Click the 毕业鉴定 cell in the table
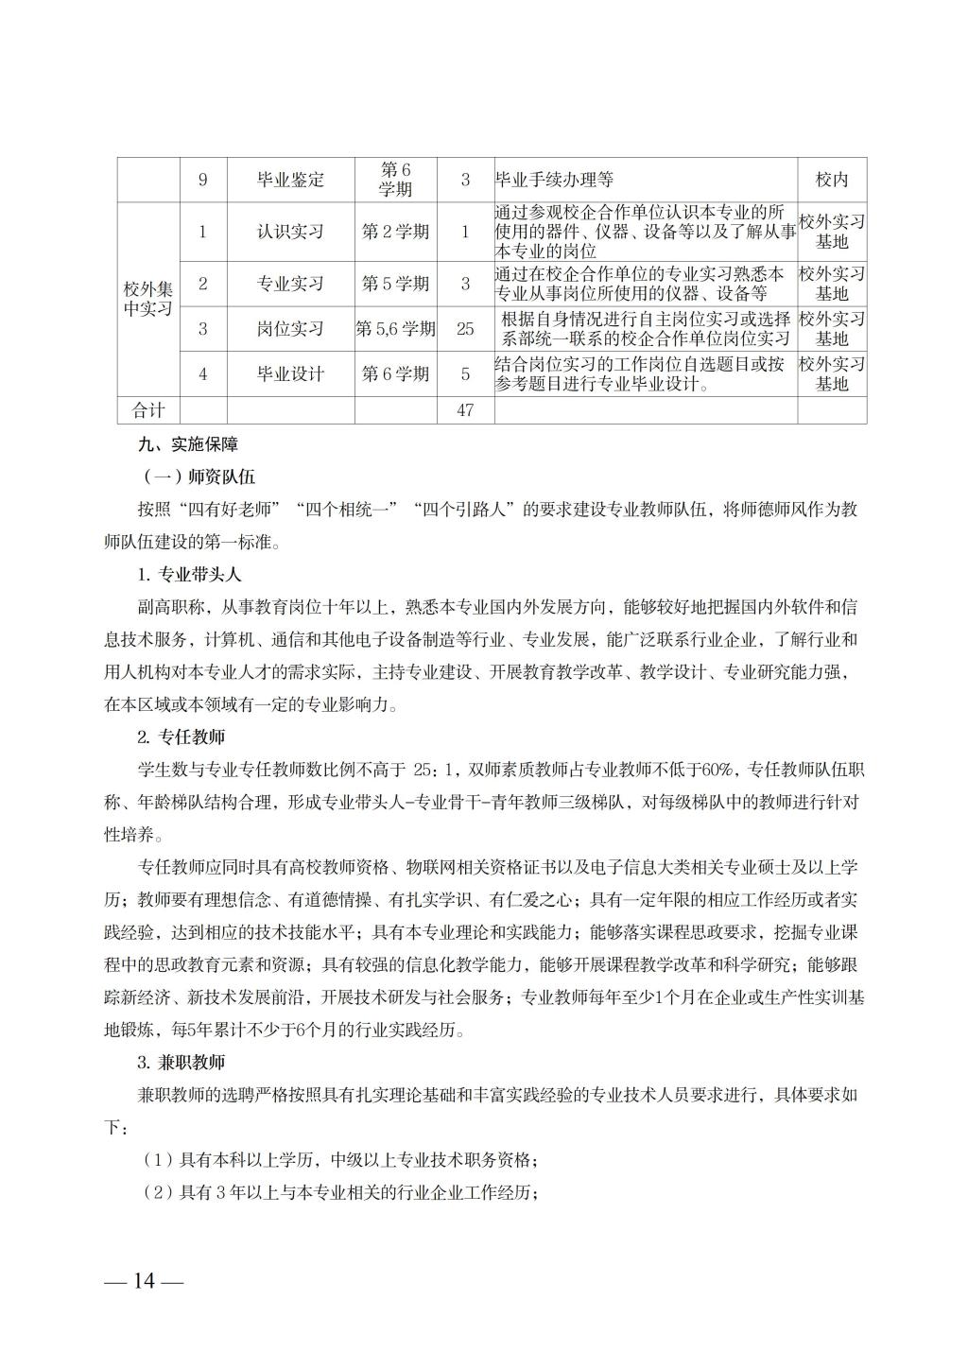(290, 180)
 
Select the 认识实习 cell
(290, 232)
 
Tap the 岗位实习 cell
(290, 329)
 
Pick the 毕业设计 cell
(290, 374)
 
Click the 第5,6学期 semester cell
(395, 329)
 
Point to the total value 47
(464, 410)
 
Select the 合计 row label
(147, 410)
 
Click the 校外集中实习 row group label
(147, 298)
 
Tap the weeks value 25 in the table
(464, 329)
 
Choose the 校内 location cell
(832, 180)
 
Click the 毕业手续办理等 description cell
(555, 180)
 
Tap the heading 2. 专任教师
(181, 736)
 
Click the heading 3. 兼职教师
(181, 1063)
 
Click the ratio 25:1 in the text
(442, 769)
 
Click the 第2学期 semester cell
(395, 232)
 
